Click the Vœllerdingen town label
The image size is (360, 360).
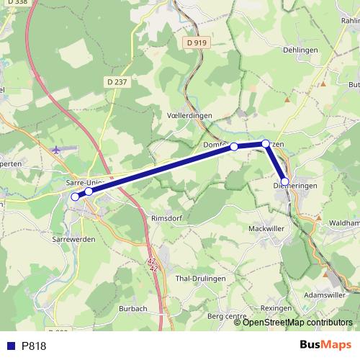coord(189,114)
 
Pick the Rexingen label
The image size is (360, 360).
coord(276,307)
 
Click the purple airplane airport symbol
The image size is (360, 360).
coord(58,150)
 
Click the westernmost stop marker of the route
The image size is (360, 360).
coord(75,197)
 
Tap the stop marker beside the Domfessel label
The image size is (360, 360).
coord(234,147)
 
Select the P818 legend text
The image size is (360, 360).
coord(34,346)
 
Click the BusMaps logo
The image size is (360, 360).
coord(325,345)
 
